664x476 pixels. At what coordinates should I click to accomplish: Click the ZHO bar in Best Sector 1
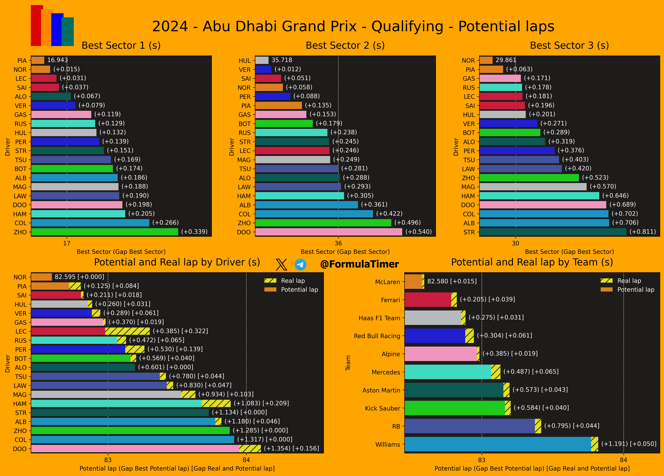(105, 232)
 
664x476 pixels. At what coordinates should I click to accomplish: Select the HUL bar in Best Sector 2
(262, 60)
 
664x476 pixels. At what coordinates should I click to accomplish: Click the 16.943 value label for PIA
(57, 60)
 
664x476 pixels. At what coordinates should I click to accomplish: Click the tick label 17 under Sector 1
(67, 243)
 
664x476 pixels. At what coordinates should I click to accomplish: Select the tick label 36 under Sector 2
(338, 243)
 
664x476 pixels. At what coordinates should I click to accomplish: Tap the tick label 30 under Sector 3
(515, 243)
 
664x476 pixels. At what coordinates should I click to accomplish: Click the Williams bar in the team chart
(498, 444)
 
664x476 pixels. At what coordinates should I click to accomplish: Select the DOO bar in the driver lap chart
(135, 448)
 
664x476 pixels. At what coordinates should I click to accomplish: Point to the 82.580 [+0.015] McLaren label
(452, 281)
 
